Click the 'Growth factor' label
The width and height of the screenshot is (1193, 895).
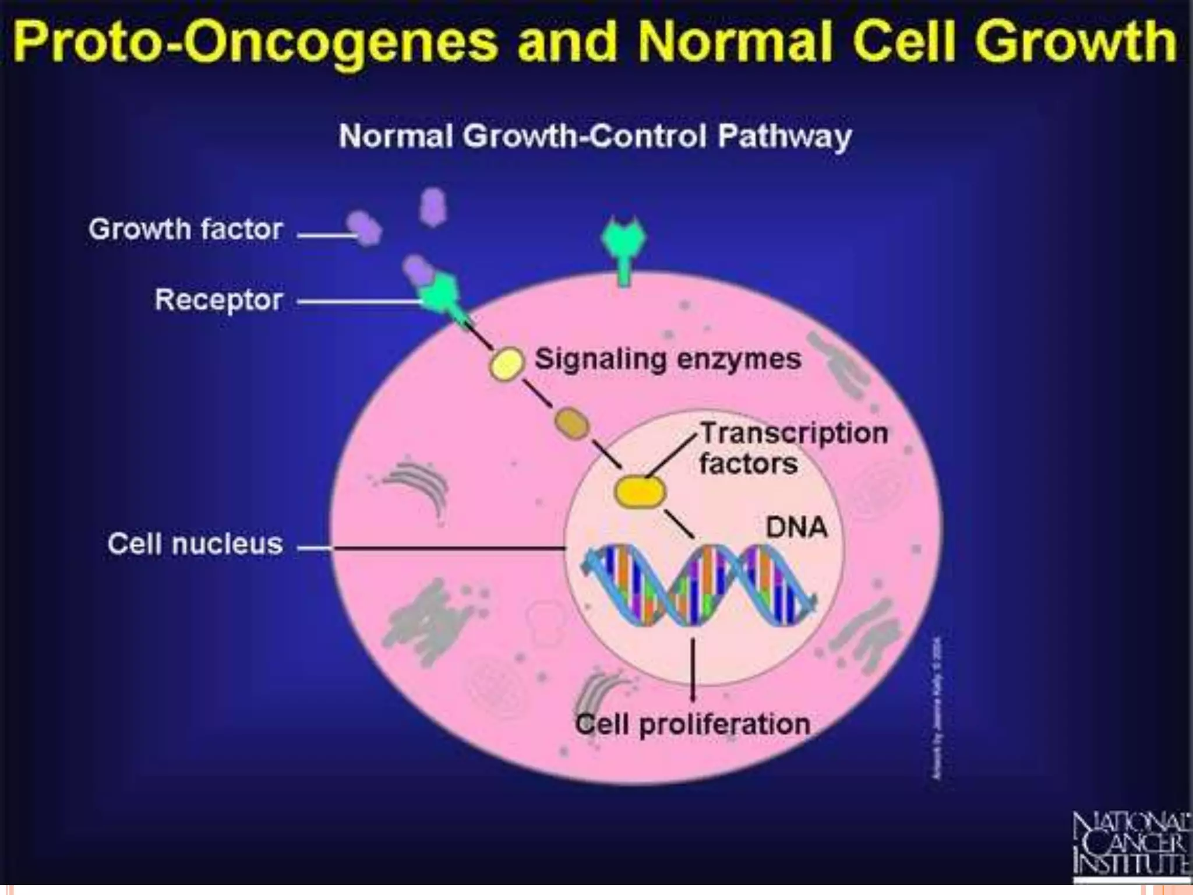click(x=185, y=229)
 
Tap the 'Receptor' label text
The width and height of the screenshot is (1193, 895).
click(x=218, y=300)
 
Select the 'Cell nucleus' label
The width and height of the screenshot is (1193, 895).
click(x=195, y=544)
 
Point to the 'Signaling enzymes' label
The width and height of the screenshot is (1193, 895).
click(x=668, y=359)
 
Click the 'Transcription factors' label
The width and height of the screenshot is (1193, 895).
click(x=793, y=448)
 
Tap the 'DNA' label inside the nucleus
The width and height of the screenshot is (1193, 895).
click(x=796, y=528)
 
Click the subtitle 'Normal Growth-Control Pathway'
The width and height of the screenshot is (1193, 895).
click(x=595, y=136)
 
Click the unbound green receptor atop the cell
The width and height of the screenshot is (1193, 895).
click(x=623, y=245)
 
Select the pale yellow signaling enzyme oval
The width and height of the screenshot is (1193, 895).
click(x=506, y=364)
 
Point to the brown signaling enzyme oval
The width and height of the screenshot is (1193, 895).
click(x=571, y=423)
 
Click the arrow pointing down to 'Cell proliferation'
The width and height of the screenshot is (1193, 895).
click(x=693, y=670)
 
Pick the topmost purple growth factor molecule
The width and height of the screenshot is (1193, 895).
click(x=433, y=206)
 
